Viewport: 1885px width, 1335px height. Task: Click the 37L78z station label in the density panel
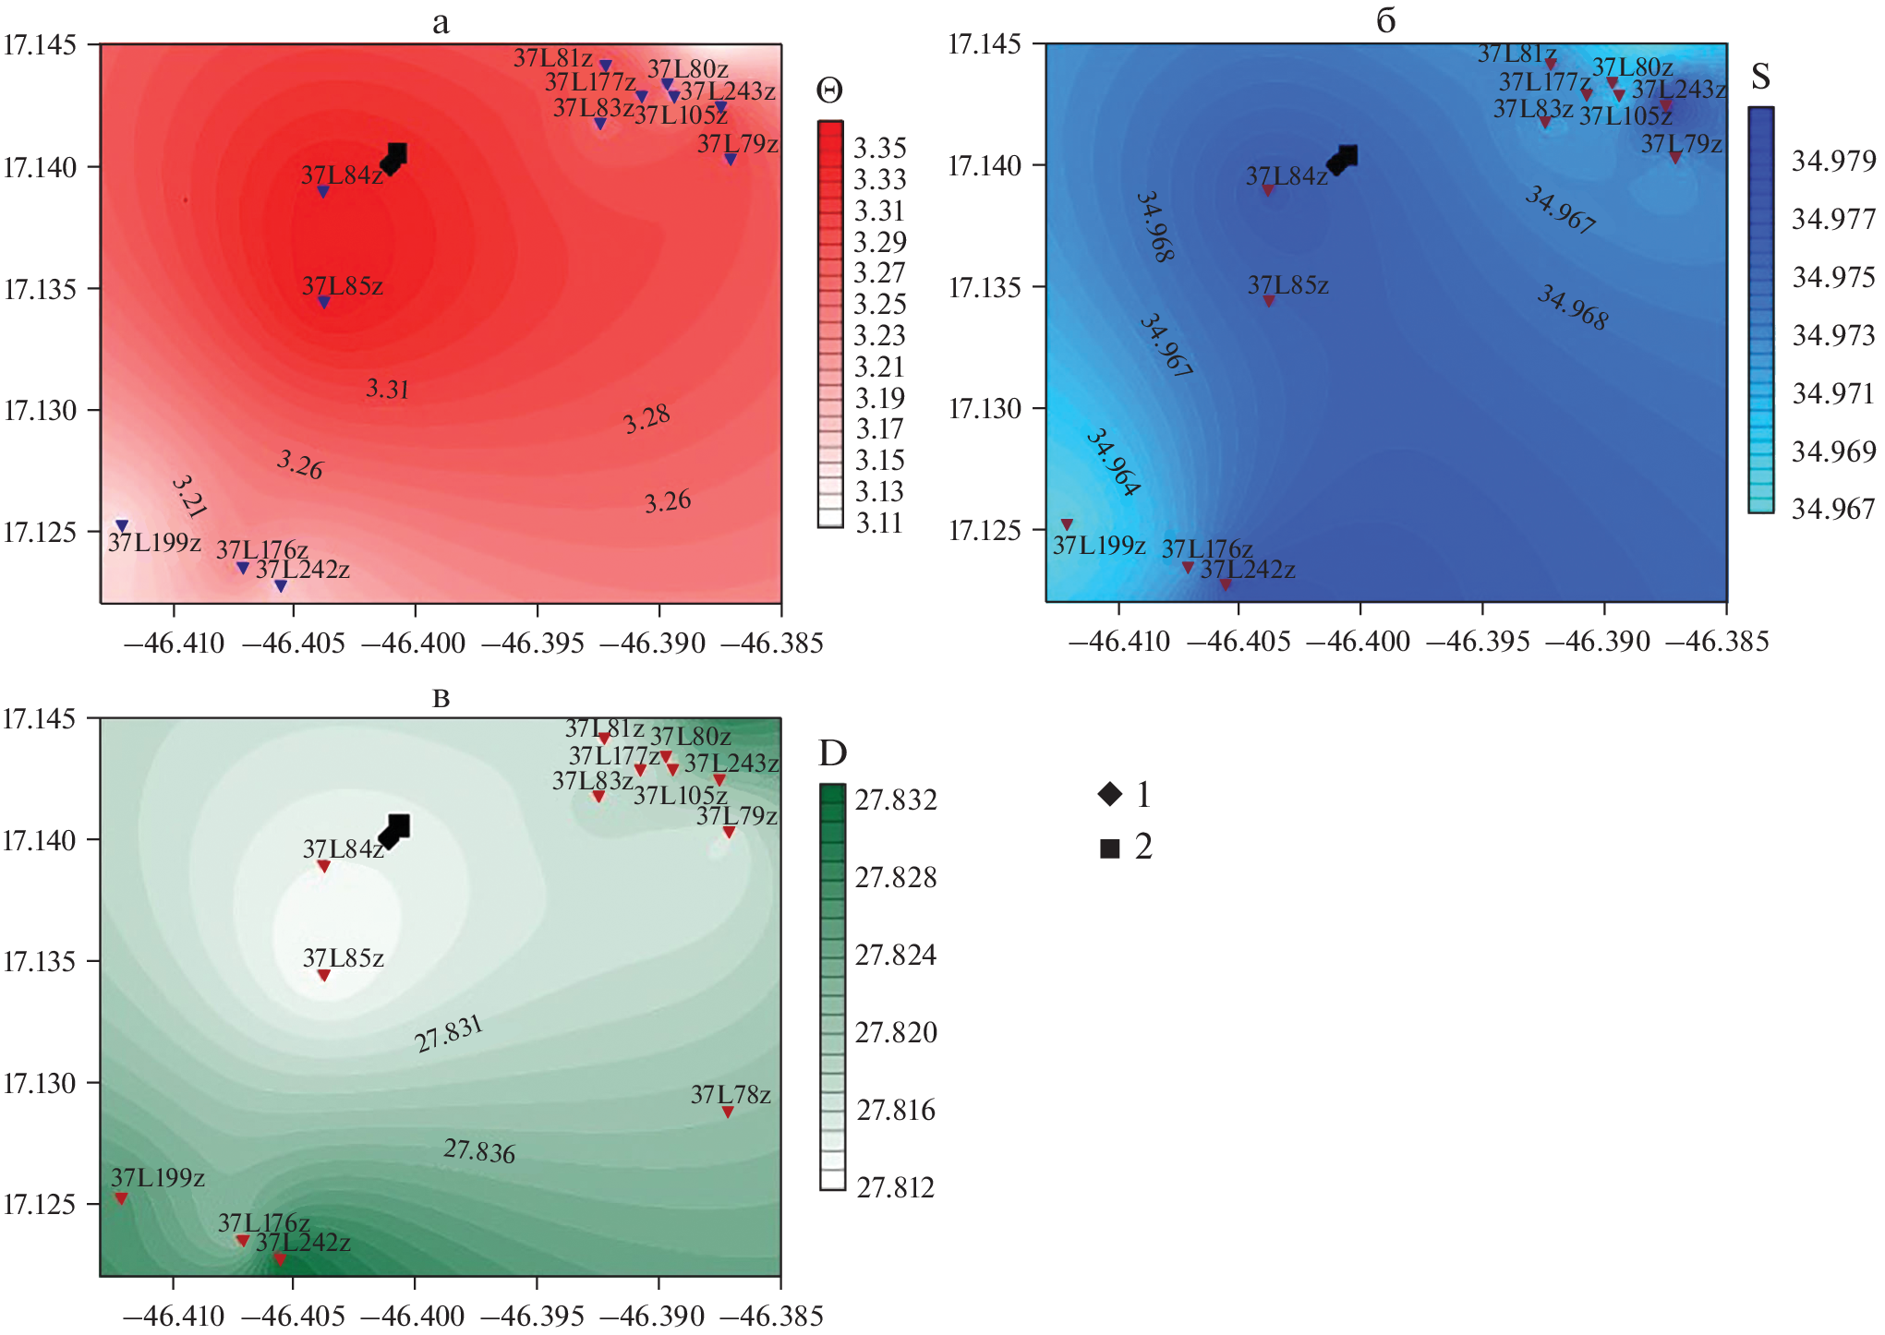(x=731, y=1095)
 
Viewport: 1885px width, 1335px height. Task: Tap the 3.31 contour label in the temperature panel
(x=387, y=389)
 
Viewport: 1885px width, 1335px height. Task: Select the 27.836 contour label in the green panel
(x=479, y=1150)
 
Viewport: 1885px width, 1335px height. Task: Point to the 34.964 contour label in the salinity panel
(x=1113, y=462)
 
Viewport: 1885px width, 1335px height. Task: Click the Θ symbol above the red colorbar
(x=829, y=90)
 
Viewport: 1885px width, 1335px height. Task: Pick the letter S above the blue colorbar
(x=1760, y=77)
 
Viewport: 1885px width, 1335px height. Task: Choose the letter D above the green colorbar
(x=832, y=753)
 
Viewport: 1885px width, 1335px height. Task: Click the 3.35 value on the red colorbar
(x=880, y=148)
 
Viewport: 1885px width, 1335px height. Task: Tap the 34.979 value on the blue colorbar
(x=1833, y=162)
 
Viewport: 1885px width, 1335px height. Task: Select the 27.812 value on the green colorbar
(x=895, y=1187)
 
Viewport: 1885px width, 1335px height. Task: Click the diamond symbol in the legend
(x=1110, y=794)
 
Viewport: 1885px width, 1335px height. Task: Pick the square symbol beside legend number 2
(x=1110, y=848)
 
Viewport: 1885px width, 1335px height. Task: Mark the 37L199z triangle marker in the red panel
(x=122, y=526)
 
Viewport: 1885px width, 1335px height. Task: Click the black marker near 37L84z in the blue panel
(x=1343, y=159)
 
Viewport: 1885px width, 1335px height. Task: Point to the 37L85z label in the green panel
(x=344, y=958)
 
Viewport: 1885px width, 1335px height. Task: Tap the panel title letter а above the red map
(x=441, y=22)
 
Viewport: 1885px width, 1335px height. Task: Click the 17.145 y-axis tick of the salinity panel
(x=985, y=43)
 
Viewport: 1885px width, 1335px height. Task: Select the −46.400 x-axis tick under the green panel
(x=414, y=1316)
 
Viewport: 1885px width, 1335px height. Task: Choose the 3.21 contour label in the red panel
(x=188, y=497)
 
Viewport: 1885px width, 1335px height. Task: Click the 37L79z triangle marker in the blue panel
(x=1674, y=158)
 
